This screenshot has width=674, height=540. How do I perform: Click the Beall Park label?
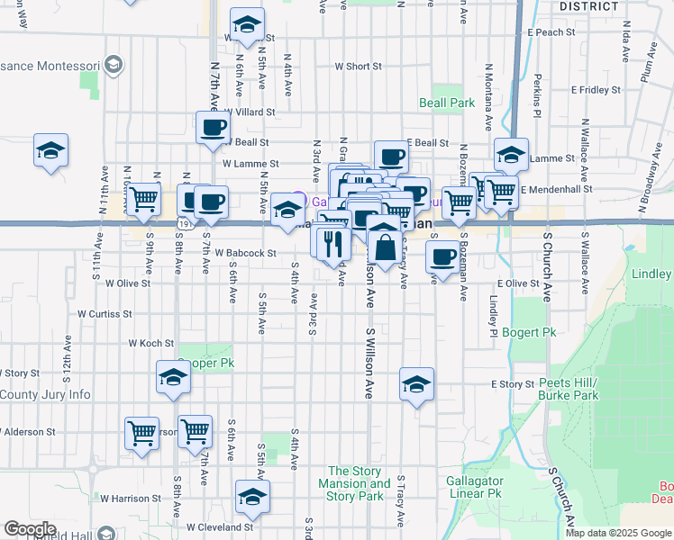(447, 103)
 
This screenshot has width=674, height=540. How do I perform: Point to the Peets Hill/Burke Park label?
(568, 389)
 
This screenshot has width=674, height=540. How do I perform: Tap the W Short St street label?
(358, 67)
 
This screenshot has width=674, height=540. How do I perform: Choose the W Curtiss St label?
(105, 314)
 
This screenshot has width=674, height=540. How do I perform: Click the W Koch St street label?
(150, 343)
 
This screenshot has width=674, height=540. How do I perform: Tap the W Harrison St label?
(130, 498)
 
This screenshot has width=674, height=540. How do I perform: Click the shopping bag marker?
(385, 246)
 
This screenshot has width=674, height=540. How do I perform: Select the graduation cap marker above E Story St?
(417, 383)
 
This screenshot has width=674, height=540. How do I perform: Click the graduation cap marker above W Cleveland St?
(252, 496)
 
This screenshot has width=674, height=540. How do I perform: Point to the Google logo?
(30, 529)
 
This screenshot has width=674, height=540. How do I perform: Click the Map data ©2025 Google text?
(617, 533)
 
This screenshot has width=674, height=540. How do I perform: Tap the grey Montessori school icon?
(114, 65)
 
